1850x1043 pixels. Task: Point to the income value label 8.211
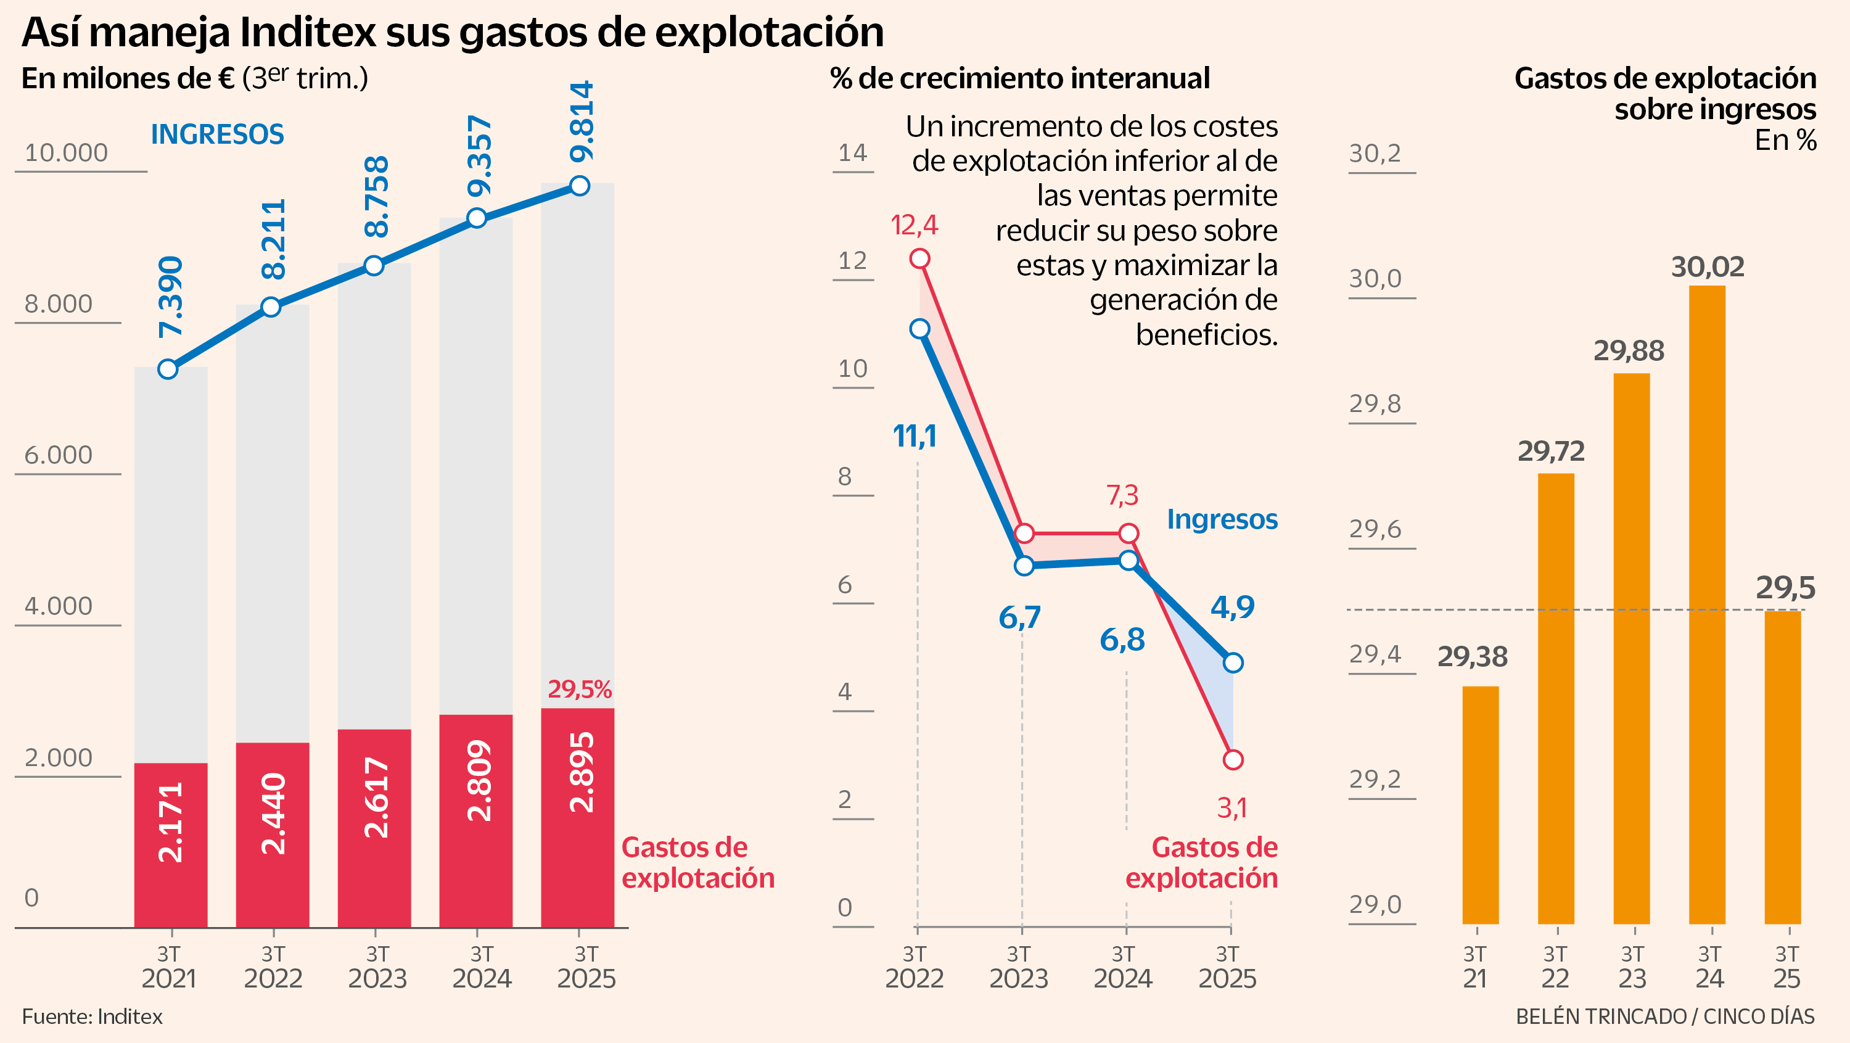(x=274, y=239)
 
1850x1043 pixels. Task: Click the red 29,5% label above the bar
(x=579, y=690)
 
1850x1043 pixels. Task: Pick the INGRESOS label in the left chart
(x=217, y=134)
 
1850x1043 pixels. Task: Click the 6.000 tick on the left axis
(x=58, y=455)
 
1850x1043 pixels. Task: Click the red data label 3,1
(x=1231, y=809)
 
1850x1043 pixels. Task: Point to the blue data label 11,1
(x=915, y=436)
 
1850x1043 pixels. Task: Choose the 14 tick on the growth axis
(x=852, y=153)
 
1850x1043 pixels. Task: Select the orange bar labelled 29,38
(x=1480, y=804)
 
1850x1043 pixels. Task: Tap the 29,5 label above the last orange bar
(x=1785, y=588)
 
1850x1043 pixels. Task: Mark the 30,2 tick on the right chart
(x=1375, y=153)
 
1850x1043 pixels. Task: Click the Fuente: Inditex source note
(x=92, y=1016)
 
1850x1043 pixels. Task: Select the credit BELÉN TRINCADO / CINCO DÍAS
(x=1665, y=1016)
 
